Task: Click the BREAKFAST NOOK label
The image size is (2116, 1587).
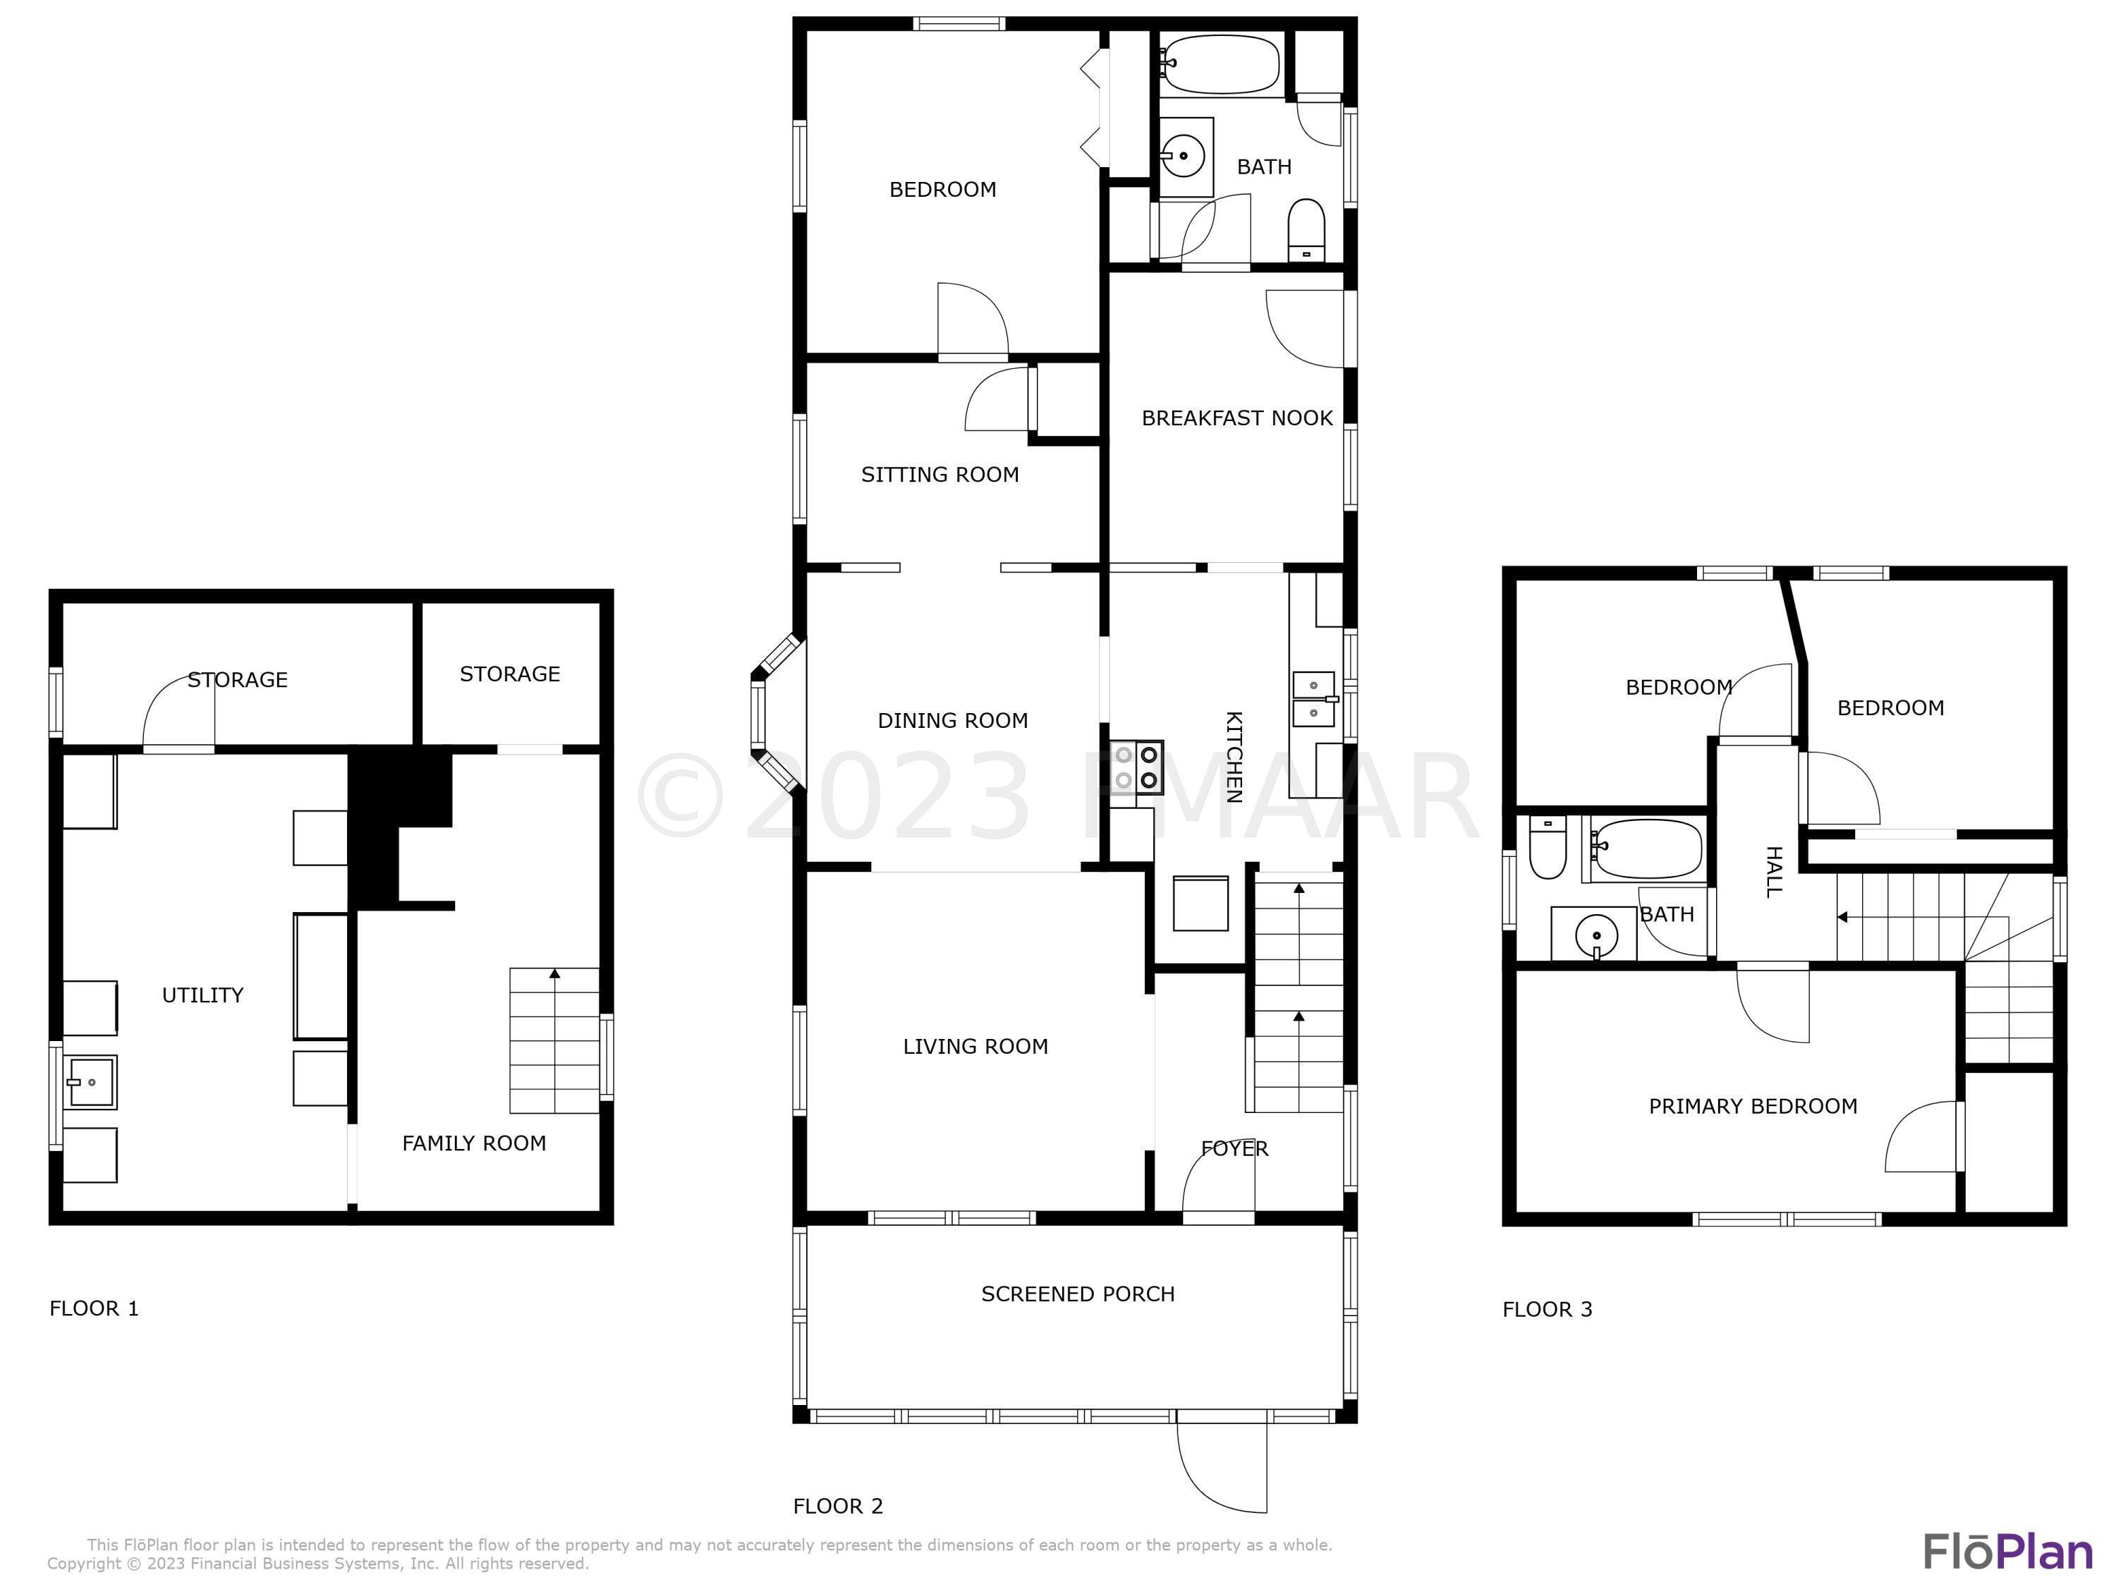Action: (x=1237, y=418)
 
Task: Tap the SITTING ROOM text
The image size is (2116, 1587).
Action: (x=940, y=475)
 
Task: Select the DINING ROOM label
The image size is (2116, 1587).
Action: (x=953, y=720)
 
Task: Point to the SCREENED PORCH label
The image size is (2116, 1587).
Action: (x=1078, y=1294)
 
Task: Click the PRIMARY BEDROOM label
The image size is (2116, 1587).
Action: (x=1753, y=1106)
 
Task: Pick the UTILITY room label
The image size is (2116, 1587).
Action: (x=203, y=995)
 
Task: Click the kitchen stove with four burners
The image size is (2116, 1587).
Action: (x=1136, y=767)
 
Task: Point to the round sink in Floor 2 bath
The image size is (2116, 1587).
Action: (x=1184, y=156)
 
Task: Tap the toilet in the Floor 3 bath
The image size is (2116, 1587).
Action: (x=1547, y=848)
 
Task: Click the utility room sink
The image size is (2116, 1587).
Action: (x=90, y=1082)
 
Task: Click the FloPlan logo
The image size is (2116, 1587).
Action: (x=2008, y=1552)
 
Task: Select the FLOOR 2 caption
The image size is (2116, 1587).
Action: (x=838, y=1506)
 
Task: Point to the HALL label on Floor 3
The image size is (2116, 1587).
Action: (x=1773, y=872)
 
